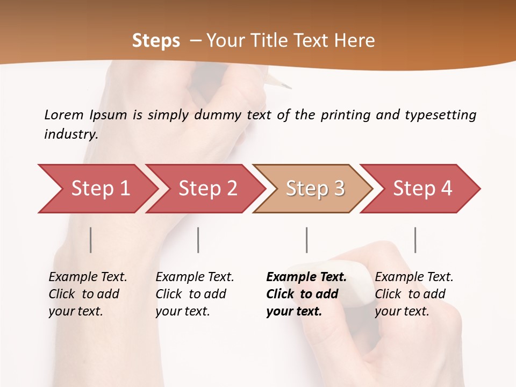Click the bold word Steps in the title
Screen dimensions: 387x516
pos(156,41)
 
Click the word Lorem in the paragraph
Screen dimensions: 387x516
pos(63,114)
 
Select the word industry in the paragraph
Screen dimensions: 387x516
pos(71,134)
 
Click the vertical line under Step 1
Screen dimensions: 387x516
pos(91,240)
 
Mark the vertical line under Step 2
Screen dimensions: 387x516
pos(198,240)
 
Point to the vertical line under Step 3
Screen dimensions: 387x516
pos(307,240)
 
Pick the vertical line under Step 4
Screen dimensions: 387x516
pos(415,240)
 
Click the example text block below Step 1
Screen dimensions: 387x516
pos(88,294)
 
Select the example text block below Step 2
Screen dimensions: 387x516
pos(195,294)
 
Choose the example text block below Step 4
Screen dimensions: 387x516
pos(414,294)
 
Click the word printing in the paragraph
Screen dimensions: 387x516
pos(345,115)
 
